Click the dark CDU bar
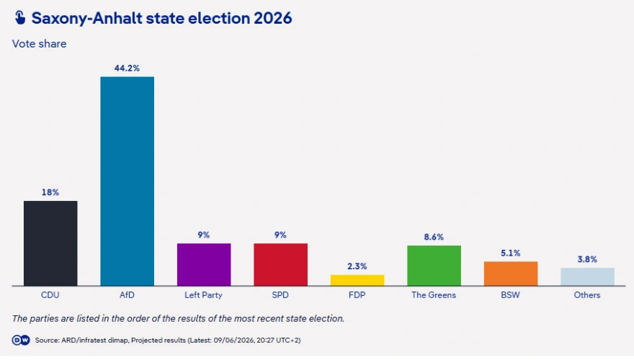(50, 243)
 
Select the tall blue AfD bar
(127, 181)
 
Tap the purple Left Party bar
(204, 264)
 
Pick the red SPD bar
(280, 264)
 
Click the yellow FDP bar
(357, 280)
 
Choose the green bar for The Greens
(434, 266)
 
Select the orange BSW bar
(511, 274)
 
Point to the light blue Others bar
(587, 276)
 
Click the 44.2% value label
(127, 68)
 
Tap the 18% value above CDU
(50, 192)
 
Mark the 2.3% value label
(357, 266)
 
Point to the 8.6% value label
(434, 237)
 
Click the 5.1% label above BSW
(511, 253)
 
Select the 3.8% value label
(587, 259)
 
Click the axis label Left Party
(203, 295)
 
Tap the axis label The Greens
(434, 295)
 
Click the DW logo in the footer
(21, 341)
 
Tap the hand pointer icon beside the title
(20, 18)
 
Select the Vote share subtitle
(39, 44)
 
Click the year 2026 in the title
(273, 18)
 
